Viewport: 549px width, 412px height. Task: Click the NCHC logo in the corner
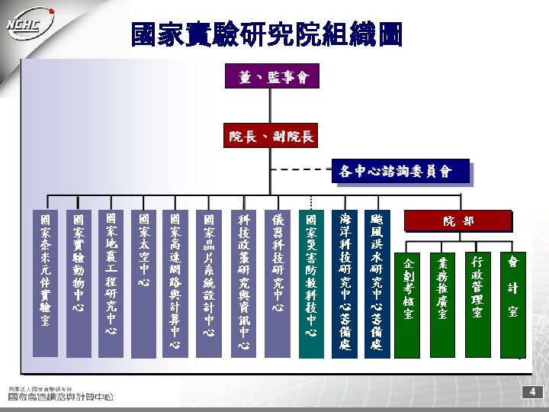(x=30, y=23)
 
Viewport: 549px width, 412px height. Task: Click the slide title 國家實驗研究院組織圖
(x=267, y=34)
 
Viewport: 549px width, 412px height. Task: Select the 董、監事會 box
(x=272, y=76)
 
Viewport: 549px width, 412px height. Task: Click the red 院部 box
(x=458, y=220)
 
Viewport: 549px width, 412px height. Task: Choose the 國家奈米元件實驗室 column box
(x=45, y=282)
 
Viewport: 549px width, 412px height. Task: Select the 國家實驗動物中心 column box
(x=78, y=282)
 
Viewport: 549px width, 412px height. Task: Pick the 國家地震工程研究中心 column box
(x=111, y=282)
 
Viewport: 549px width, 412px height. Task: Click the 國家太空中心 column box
(x=144, y=282)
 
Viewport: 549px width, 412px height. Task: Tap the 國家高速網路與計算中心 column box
(x=176, y=282)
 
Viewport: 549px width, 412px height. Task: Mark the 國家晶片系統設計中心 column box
(x=210, y=282)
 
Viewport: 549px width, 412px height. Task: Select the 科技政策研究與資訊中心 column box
(x=243, y=282)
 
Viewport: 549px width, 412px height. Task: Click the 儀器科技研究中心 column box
(x=277, y=282)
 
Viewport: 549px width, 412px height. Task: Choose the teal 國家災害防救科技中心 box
(x=311, y=282)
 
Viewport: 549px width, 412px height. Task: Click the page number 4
(x=532, y=391)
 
